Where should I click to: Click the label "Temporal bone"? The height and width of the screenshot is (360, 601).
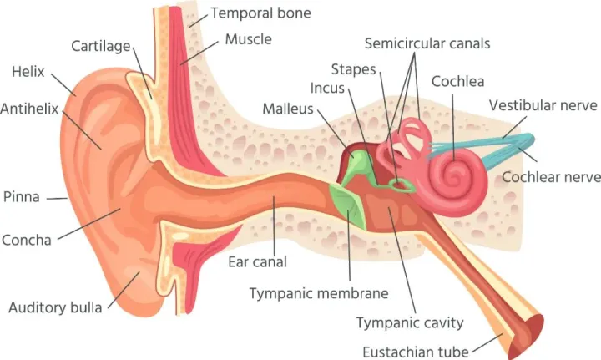[x=260, y=13]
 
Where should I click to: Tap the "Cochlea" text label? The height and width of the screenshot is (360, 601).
[x=457, y=81]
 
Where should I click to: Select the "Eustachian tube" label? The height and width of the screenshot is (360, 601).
[x=416, y=352]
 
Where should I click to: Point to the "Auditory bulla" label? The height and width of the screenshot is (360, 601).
[x=55, y=307]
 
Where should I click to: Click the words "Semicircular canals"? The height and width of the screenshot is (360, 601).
[x=427, y=43]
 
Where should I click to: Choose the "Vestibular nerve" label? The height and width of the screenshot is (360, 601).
[x=543, y=105]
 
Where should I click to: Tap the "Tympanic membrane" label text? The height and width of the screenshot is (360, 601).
[x=319, y=294]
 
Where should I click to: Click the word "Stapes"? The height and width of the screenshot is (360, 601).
[x=353, y=69]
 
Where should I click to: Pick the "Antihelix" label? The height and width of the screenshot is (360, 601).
[x=29, y=109]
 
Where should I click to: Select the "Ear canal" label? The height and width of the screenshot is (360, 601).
[x=258, y=261]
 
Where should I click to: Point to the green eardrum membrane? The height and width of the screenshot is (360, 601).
[x=348, y=205]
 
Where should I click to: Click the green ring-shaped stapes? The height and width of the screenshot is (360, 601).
[x=401, y=185]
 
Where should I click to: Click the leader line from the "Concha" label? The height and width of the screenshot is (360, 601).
[x=89, y=224]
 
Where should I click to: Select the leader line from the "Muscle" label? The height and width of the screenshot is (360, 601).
[x=199, y=53]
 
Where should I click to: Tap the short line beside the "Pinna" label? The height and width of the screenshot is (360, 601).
[x=57, y=198]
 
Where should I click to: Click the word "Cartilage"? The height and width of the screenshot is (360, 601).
[x=101, y=47]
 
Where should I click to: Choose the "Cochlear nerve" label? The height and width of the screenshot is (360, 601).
[x=551, y=177]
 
